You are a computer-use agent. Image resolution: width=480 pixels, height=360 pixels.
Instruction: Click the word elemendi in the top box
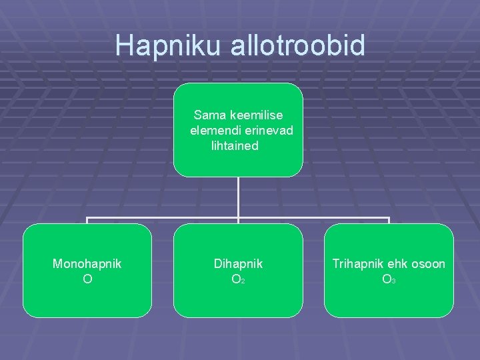(213, 130)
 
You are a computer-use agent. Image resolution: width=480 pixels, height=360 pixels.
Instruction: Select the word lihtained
(235, 145)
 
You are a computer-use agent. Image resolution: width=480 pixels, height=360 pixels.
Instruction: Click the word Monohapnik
(87, 264)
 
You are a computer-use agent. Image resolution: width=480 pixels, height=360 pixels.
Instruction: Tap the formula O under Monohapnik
(87, 279)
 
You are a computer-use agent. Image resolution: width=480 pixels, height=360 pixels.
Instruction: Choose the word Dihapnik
(238, 264)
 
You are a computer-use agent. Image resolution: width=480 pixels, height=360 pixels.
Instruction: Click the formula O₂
(236, 279)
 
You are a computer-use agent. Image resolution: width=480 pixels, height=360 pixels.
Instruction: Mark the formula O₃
(387, 279)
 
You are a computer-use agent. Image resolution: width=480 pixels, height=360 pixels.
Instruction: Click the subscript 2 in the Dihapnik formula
(243, 282)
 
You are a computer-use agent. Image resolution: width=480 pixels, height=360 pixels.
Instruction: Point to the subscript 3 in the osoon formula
(393, 282)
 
